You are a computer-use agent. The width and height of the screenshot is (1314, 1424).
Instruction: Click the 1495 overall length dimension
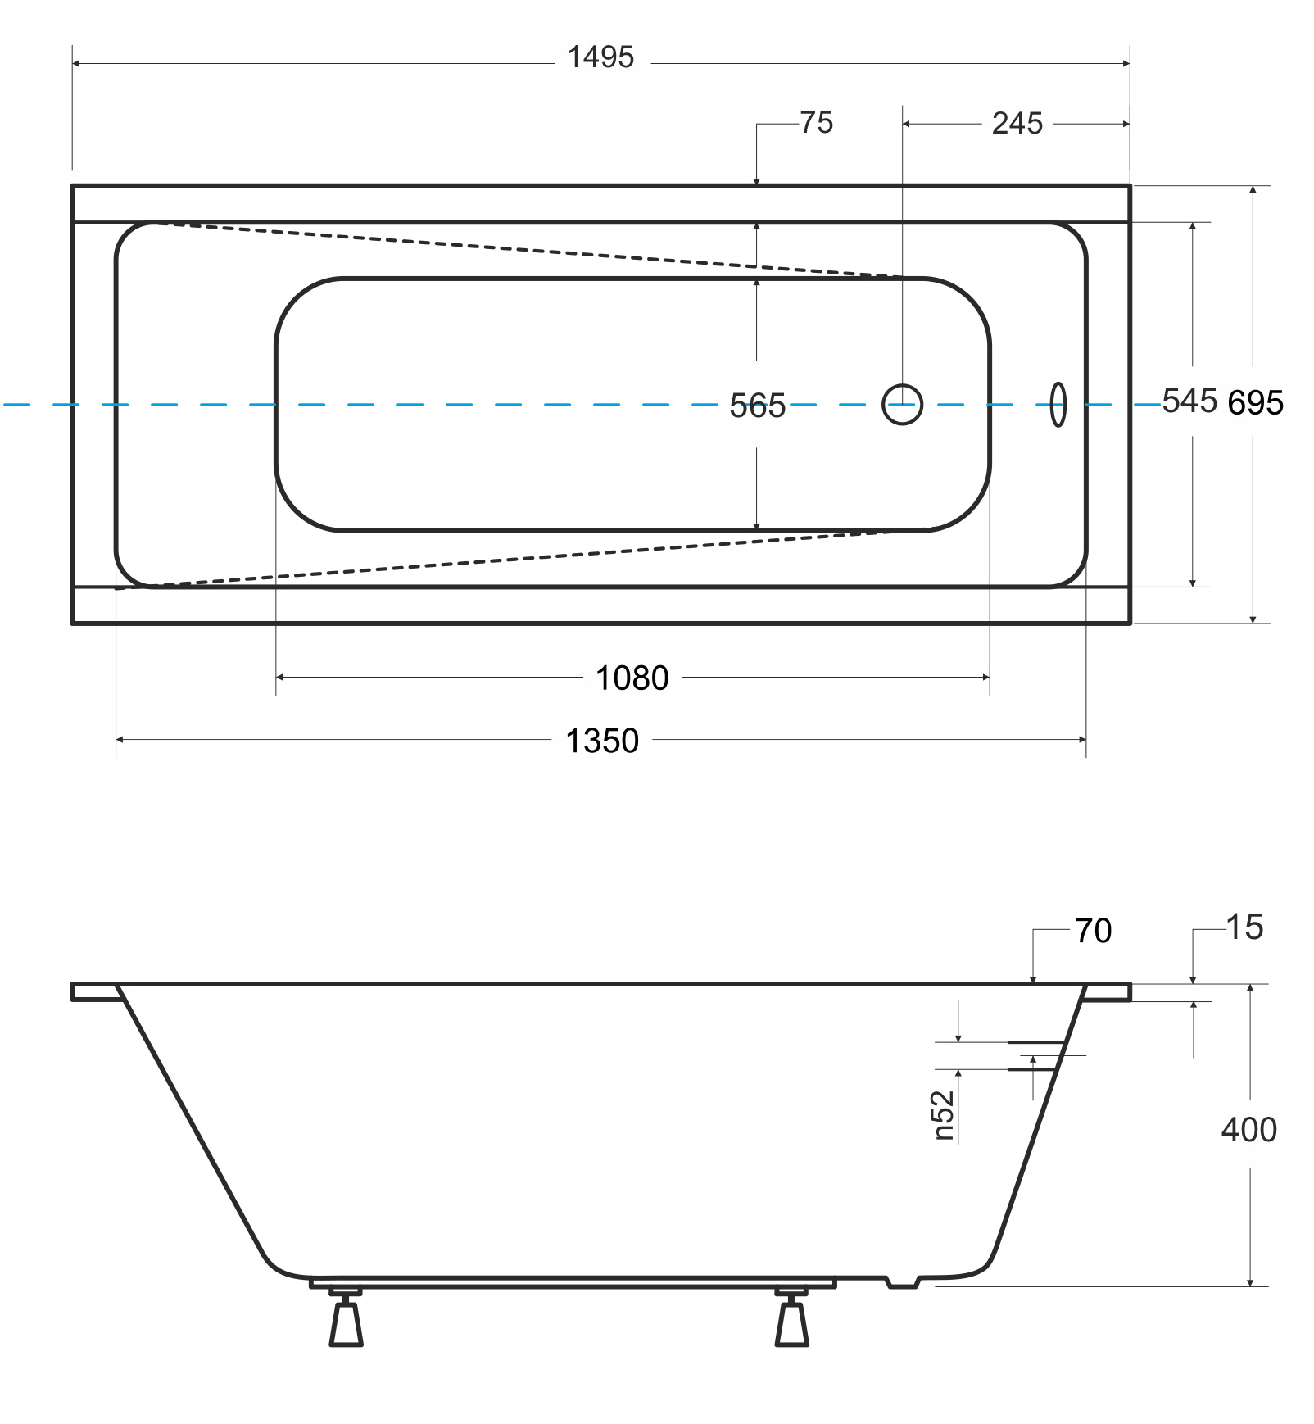(x=600, y=57)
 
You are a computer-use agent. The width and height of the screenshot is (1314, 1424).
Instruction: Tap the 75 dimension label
(x=816, y=123)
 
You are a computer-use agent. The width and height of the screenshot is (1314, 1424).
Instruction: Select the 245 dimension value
(x=1017, y=124)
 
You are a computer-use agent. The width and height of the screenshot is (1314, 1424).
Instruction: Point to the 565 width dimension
(x=757, y=406)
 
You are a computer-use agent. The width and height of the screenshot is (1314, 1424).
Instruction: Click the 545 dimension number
(x=1189, y=401)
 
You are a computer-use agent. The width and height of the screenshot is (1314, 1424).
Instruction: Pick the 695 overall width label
(x=1255, y=403)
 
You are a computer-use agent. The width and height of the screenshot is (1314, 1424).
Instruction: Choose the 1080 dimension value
(x=632, y=678)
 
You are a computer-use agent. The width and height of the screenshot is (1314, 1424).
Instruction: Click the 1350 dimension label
(x=602, y=741)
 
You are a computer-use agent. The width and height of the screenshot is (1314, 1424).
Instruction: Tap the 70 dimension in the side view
(x=1094, y=931)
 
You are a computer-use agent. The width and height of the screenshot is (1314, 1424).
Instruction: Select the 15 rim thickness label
(x=1245, y=927)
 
